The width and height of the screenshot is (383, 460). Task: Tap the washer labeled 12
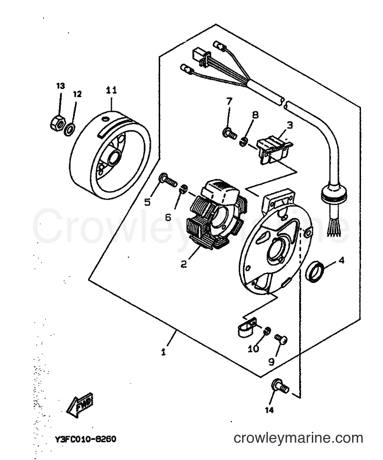[69, 129]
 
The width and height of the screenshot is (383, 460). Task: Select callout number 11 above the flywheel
[111, 90]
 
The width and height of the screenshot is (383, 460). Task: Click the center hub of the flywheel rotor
[113, 158]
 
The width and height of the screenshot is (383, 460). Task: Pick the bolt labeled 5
[168, 180]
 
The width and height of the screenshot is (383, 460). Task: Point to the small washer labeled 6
[184, 188]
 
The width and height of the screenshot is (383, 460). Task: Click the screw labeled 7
[229, 134]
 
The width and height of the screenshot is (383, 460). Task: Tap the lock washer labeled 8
[243, 141]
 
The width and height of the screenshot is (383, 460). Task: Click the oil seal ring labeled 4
[315, 271]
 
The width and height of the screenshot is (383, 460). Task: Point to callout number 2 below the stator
[183, 264]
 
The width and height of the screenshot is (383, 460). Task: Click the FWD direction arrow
[80, 406]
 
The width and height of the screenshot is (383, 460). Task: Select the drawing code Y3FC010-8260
[85, 439]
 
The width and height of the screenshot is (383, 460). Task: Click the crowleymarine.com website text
[298, 438]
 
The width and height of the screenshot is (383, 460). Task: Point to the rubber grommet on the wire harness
[334, 194]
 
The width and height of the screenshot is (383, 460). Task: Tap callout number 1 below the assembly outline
[163, 352]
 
